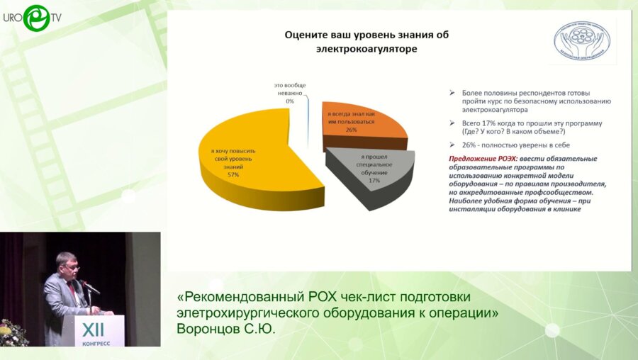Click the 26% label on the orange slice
pos(350,130)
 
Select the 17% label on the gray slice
pos(374,181)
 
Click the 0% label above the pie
pos(289,101)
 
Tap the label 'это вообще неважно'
pos(289,89)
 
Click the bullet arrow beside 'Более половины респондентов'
pos(453,94)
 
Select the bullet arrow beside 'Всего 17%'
pos(453,123)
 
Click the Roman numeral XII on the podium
pos(93,330)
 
